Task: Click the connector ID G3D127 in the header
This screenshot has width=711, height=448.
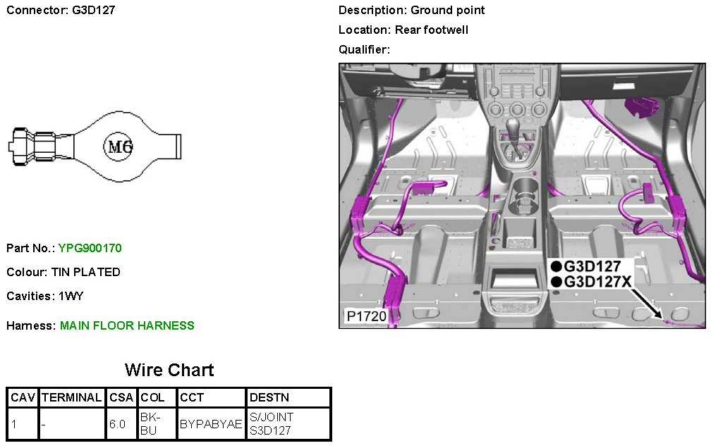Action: (94, 11)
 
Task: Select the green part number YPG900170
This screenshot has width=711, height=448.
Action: (90, 248)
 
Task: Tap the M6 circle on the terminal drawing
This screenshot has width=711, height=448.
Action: (118, 147)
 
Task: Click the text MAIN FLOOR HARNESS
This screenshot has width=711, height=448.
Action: (127, 325)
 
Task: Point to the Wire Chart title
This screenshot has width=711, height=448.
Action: (169, 370)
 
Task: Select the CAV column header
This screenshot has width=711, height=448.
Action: (23, 398)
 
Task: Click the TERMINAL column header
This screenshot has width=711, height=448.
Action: (72, 398)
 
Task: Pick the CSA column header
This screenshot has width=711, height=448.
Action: (122, 398)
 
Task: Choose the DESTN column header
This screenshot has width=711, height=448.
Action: (269, 398)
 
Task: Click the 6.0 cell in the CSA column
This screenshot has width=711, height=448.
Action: (118, 424)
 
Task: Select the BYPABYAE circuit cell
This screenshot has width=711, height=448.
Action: (211, 424)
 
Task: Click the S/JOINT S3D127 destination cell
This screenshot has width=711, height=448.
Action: (272, 424)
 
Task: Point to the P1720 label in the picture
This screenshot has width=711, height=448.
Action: (366, 317)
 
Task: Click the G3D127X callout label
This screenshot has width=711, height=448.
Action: (598, 282)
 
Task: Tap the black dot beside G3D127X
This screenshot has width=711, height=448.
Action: (557, 282)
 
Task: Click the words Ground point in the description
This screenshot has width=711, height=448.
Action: (448, 11)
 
